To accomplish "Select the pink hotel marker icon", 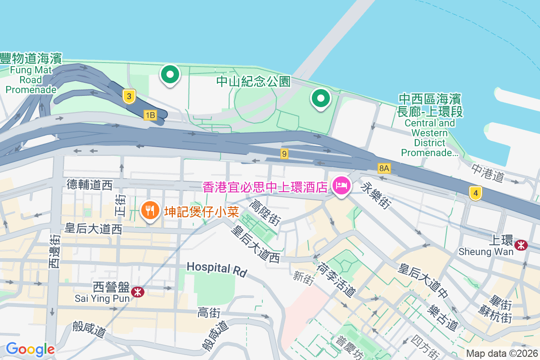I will click(342, 185).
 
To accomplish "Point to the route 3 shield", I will click(129, 96).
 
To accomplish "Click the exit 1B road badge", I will click(150, 116).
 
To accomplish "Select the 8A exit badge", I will click(384, 168).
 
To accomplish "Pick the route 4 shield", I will click(475, 193).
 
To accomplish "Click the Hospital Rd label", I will click(217, 269).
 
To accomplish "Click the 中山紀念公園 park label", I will click(253, 81).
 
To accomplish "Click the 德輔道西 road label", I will click(90, 184).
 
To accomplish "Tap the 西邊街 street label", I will click(54, 252).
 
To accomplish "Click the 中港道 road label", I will click(488, 173).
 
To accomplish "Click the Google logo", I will click(30, 349).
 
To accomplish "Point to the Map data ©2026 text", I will click(501, 353).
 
